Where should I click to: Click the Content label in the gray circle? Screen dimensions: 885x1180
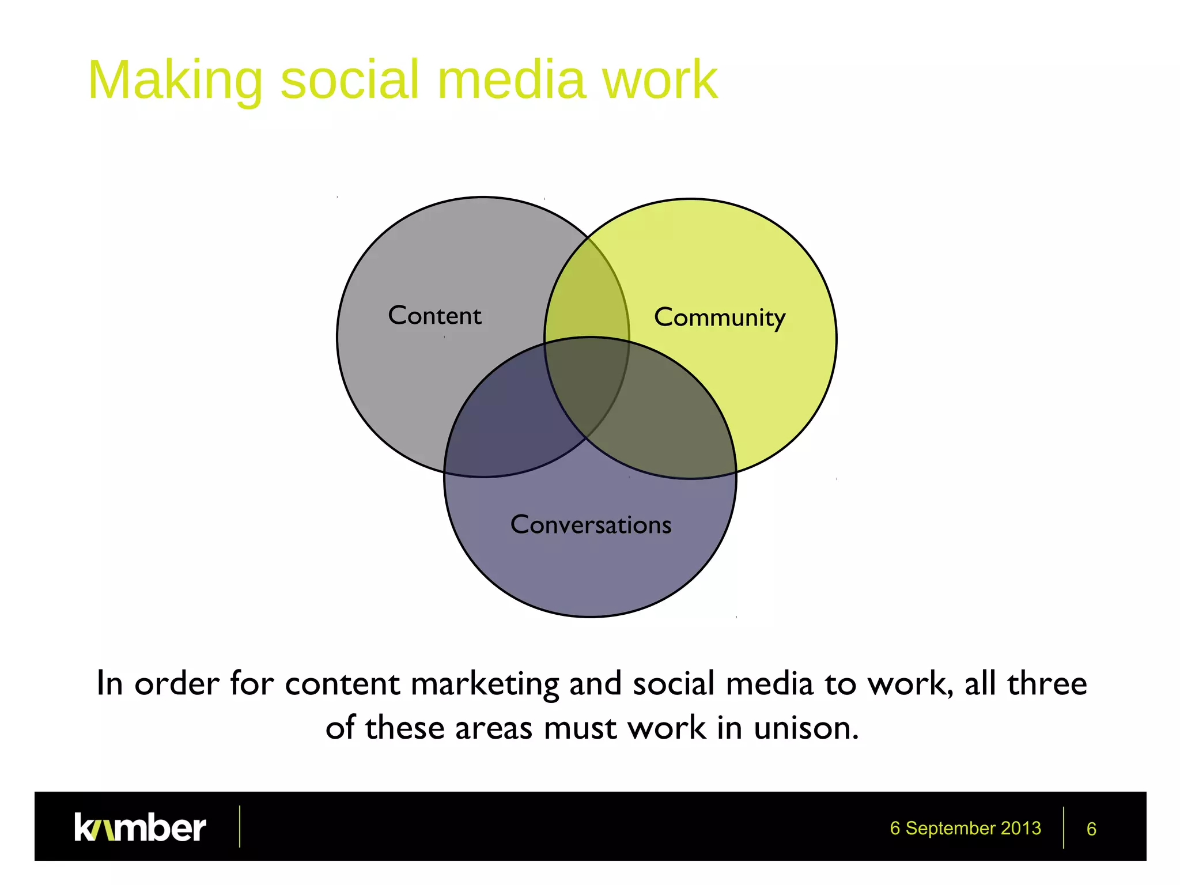coord(434,315)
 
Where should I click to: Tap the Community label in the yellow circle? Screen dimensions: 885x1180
coord(719,317)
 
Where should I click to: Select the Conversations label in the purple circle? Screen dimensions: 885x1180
coord(591,525)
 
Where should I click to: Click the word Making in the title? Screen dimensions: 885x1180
coord(175,81)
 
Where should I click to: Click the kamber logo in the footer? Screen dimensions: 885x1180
coord(140,827)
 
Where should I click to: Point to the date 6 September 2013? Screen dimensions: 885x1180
coord(965,828)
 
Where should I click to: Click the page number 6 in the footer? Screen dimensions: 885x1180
coord(1091,829)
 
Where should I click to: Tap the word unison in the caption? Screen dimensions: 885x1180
coord(806,728)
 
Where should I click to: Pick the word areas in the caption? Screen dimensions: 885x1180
coord(494,728)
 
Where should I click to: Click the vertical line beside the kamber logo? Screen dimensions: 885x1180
coord(240,827)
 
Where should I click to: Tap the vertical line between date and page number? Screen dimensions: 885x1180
coord(1064,827)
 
